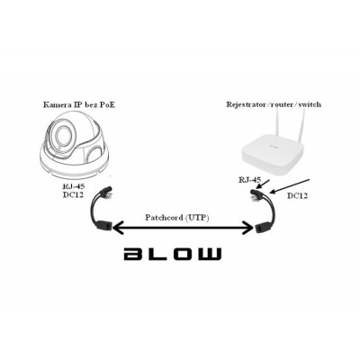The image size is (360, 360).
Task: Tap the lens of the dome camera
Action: [63, 139]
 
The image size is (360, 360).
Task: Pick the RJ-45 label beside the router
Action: [249, 181]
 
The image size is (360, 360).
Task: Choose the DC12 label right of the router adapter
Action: [299, 194]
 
